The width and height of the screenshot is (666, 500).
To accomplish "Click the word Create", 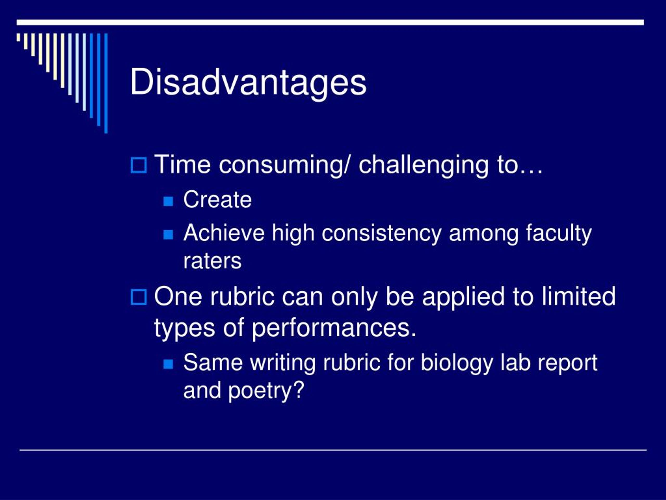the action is (x=217, y=199).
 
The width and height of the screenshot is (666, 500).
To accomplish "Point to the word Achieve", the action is (x=224, y=233).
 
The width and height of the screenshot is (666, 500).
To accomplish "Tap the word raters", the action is (x=212, y=261).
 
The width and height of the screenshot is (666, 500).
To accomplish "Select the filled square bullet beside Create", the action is (x=168, y=201).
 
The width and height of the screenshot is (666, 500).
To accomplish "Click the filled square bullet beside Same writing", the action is (x=168, y=364).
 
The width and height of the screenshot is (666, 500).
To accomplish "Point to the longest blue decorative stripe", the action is (x=106, y=83).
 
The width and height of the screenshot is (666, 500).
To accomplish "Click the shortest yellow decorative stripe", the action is (x=18, y=37).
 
